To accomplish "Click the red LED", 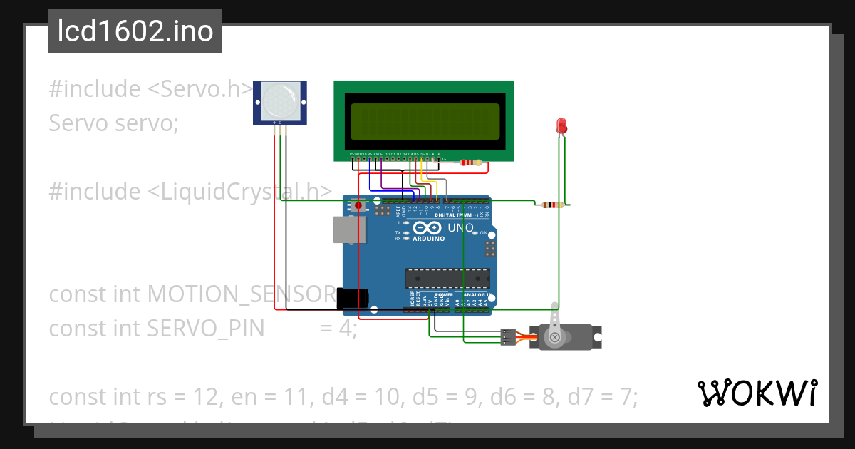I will (561, 125).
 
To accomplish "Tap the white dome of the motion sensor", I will (281, 100).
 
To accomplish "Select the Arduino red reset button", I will (359, 206).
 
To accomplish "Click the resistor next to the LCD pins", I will (470, 162).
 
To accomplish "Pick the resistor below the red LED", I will (551, 205).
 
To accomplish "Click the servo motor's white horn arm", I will (556, 321).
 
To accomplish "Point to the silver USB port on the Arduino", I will (349, 229).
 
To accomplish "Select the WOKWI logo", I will (756, 393).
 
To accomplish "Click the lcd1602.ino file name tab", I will (135, 31).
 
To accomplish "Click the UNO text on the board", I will (460, 228).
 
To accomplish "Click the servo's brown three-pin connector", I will (508, 336).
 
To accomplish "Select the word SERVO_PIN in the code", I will (205, 329).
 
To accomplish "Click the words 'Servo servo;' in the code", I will (113, 123).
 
